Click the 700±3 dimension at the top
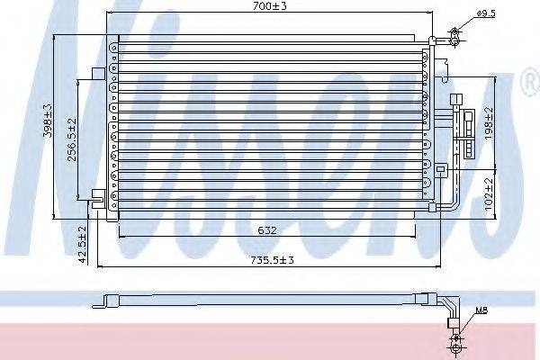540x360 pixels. [x=269, y=6]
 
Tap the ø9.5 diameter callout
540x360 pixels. [x=486, y=13]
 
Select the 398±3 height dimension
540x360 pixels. [x=48, y=121]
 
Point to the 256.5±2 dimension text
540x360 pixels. [x=72, y=139]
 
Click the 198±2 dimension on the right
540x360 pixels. [x=489, y=123]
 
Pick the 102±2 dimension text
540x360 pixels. [x=489, y=194]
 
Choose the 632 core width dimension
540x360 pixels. [x=267, y=230]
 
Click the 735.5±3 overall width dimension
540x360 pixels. [x=272, y=260]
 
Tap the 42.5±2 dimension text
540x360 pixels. [x=82, y=245]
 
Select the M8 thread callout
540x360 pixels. [x=481, y=310]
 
